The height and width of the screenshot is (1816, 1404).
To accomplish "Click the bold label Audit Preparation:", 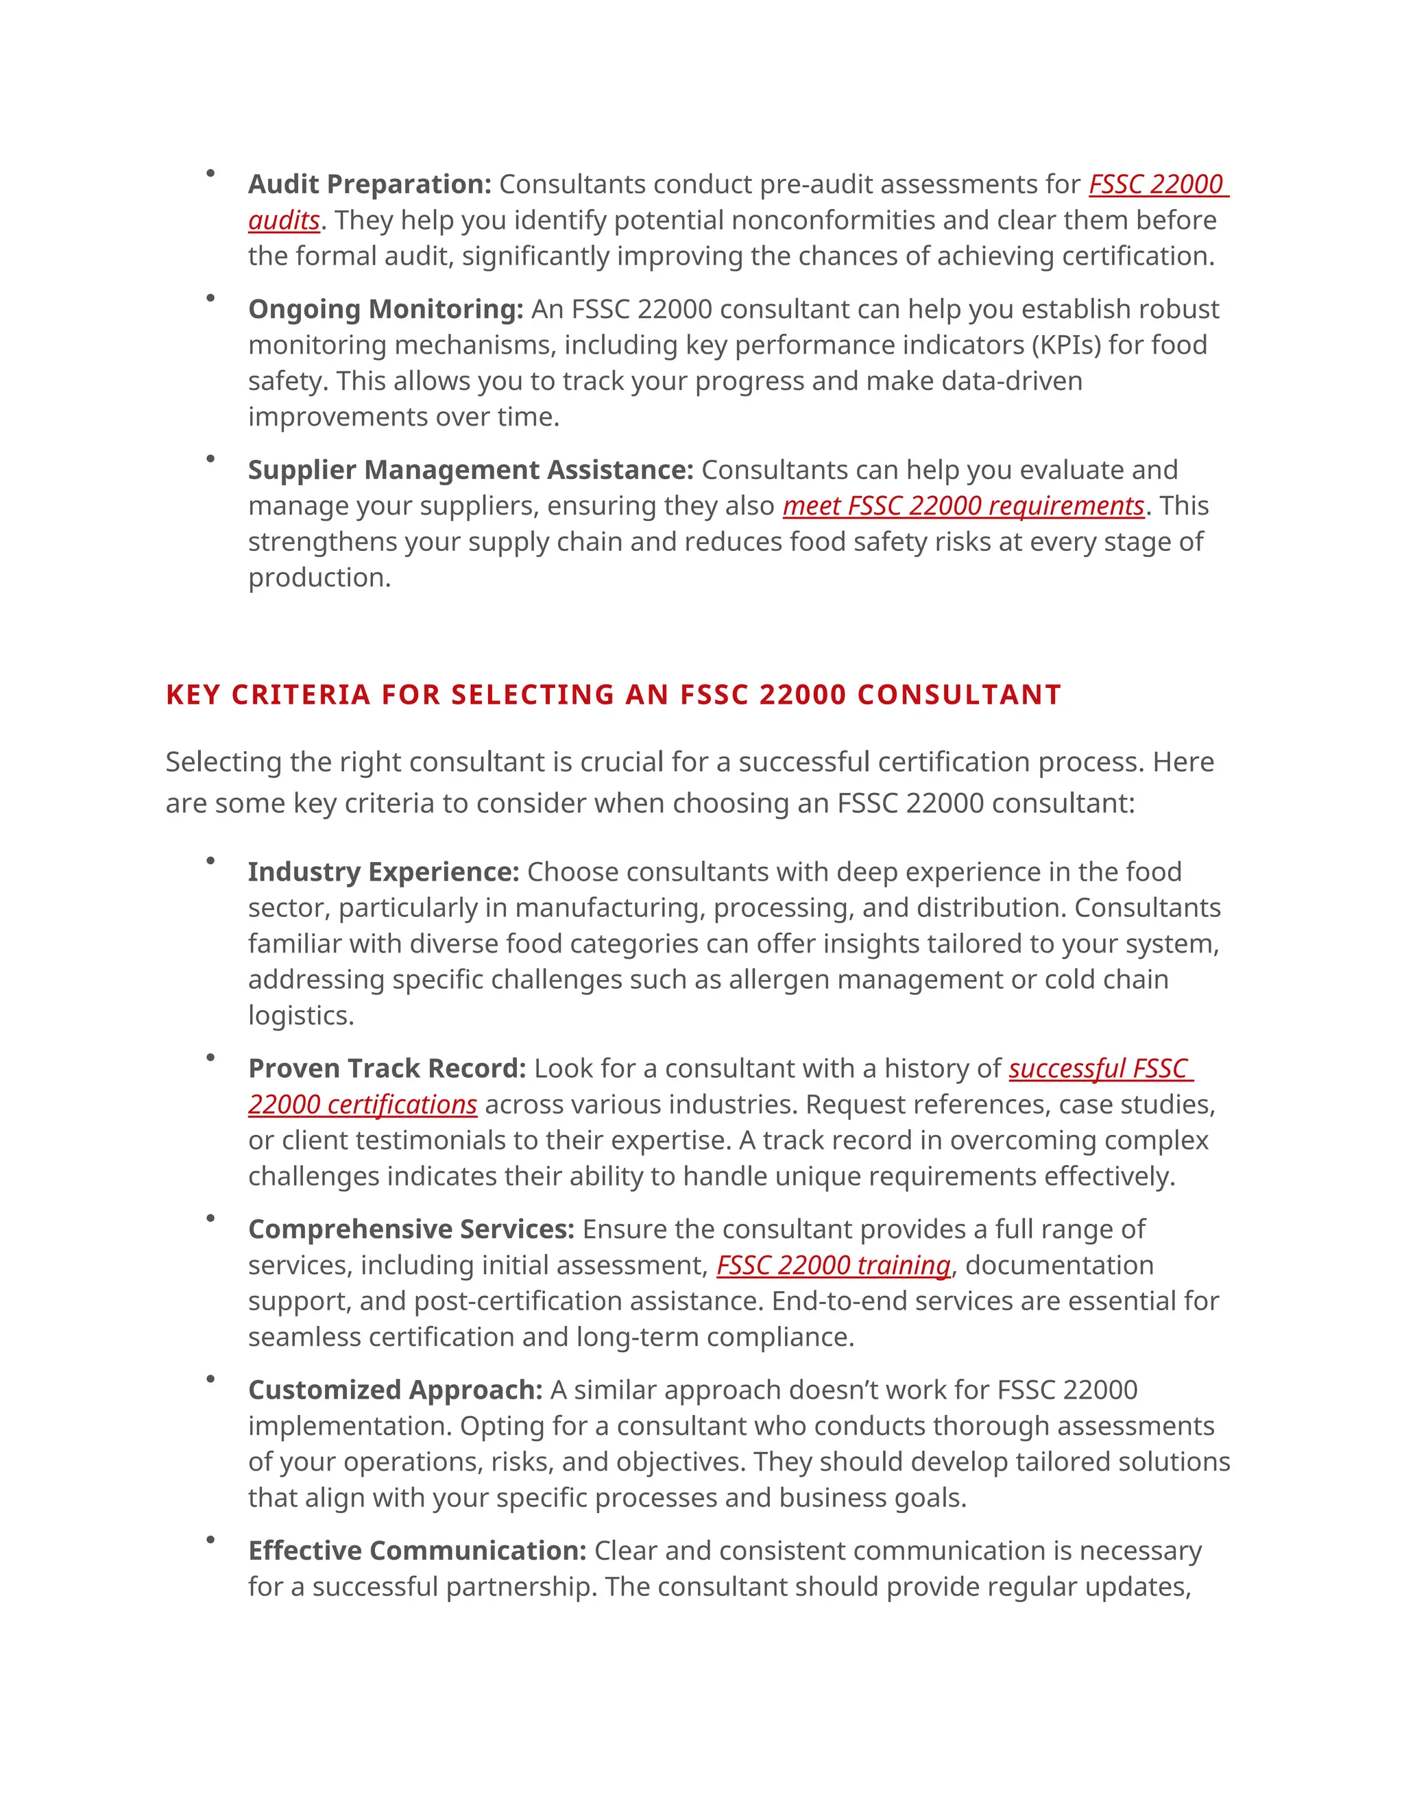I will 370,184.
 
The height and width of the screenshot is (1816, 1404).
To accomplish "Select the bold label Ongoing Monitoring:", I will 385,308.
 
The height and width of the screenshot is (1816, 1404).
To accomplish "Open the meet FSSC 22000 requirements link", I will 963,506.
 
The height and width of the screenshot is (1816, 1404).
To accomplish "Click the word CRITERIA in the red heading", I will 300,694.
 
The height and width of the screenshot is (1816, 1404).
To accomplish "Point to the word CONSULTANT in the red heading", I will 959,694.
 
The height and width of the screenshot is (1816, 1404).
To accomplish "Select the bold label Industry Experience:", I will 383,872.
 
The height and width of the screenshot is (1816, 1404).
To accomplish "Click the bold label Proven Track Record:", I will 387,1068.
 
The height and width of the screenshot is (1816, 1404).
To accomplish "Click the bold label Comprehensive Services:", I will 411,1229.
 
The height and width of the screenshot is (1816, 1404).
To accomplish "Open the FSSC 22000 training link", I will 834,1265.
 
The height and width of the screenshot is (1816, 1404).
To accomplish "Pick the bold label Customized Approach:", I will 395,1390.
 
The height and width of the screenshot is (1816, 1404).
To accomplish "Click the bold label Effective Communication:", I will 417,1551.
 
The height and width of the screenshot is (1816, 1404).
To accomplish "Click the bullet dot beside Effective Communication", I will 210,1540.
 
